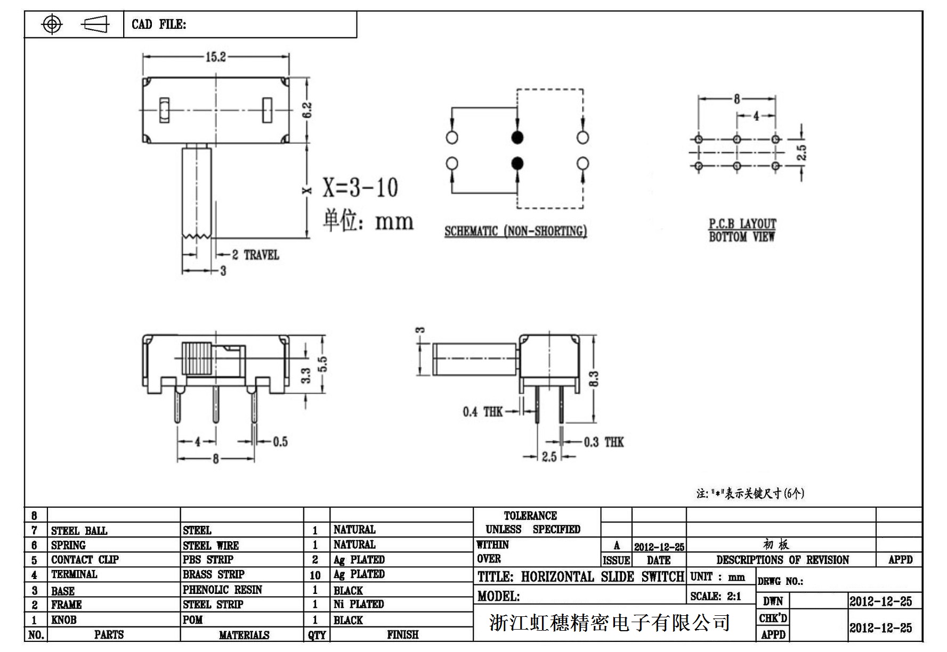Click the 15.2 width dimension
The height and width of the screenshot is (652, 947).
215,56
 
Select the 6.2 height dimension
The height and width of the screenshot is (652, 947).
307,110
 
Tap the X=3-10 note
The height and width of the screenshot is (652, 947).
360,187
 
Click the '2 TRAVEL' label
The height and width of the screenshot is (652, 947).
256,255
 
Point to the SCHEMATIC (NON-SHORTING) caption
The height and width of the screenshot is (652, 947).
515,231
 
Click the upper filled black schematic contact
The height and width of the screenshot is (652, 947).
517,137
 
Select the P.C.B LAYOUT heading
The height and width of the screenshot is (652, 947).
742,224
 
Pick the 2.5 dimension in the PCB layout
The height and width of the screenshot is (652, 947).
802,152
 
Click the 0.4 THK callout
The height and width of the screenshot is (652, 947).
482,412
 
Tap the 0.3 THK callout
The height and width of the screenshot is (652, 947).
604,442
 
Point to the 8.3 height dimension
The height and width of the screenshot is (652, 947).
595,379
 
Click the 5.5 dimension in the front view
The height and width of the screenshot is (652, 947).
322,364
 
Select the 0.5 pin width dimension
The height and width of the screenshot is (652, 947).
280,442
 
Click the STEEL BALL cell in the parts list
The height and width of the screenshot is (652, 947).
79,531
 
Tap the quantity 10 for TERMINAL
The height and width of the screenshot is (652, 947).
315,575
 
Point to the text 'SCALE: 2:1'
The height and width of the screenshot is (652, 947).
716,596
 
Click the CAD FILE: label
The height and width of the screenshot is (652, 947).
159,25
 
